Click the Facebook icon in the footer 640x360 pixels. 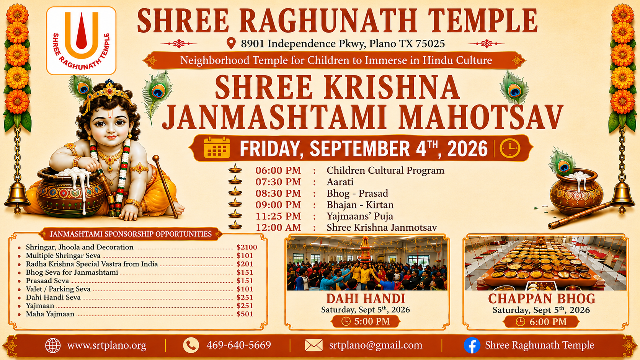472,345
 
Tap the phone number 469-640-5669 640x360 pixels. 238,345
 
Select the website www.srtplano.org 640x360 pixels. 106,345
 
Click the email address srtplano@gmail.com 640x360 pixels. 376,345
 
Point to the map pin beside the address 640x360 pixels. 231,43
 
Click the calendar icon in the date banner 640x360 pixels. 217,147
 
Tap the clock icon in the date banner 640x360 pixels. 510,148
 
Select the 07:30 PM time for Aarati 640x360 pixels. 278,182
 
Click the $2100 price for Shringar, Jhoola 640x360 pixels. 247,247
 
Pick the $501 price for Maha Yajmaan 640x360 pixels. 245,314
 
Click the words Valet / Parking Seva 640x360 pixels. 58,289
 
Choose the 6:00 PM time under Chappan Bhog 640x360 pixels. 548,322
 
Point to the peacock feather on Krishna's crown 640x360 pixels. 80,88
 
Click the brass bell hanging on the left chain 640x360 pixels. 17,197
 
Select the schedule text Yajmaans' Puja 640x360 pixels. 360,217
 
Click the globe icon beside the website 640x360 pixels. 53,345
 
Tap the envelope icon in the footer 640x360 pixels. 313,345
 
